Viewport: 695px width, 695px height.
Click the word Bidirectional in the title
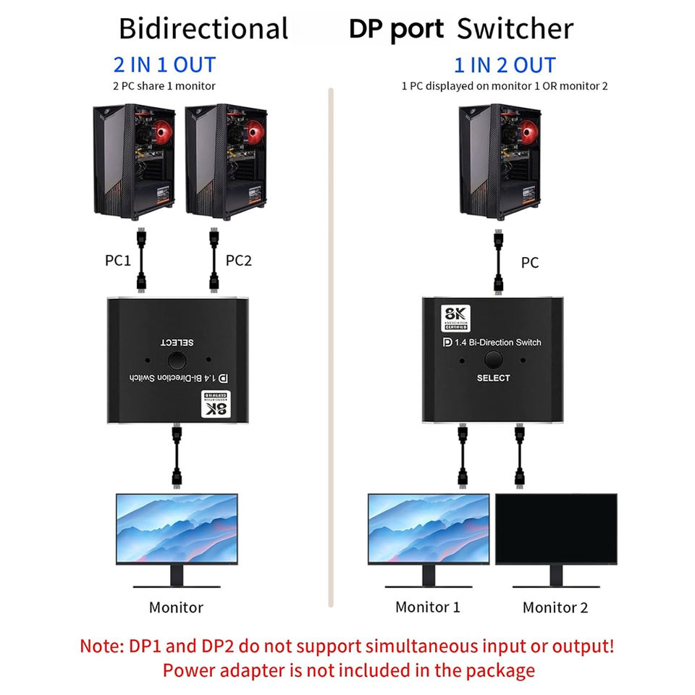(x=203, y=29)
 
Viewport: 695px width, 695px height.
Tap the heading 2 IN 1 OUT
(x=164, y=64)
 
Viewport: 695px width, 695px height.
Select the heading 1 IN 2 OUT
(x=505, y=65)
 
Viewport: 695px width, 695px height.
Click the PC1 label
(x=118, y=260)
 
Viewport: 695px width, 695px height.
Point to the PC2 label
(x=238, y=260)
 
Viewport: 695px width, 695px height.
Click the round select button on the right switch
(x=493, y=360)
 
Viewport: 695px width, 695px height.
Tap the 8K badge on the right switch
(x=455, y=319)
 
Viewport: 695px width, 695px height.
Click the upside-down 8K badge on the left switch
(x=216, y=404)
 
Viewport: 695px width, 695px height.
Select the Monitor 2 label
(x=555, y=607)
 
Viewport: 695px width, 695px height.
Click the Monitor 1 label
(x=428, y=607)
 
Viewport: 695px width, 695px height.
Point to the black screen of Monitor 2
(x=556, y=528)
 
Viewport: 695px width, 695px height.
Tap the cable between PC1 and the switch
(x=141, y=260)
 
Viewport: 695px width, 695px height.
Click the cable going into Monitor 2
(x=520, y=456)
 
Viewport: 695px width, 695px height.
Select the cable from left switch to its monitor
(x=177, y=456)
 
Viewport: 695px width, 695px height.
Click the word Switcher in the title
(x=515, y=29)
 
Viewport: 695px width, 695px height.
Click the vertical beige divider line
(x=331, y=348)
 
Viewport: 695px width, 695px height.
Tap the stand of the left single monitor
(x=177, y=576)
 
